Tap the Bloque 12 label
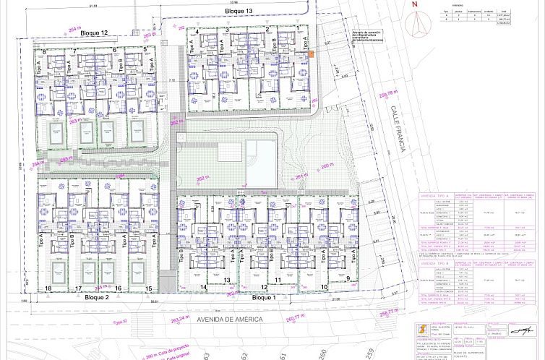94,33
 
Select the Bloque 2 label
95,297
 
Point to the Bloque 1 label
265,297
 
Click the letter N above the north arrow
414,4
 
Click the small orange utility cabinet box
312,53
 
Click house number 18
48,288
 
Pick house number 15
148,288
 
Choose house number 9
347,278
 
